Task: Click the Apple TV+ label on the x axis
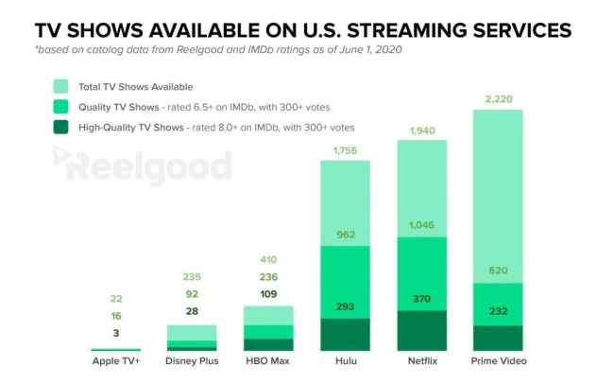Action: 116,361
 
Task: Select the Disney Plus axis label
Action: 193,361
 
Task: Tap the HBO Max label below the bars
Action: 269,361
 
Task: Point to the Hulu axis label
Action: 346,361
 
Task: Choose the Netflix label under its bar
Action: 421,361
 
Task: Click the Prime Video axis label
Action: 498,361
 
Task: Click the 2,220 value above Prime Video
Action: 498,99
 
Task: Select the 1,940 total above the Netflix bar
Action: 421,131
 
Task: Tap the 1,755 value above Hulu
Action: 346,150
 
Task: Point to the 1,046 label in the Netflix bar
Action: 421,225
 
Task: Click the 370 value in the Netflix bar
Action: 421,298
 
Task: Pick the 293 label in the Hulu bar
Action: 346,305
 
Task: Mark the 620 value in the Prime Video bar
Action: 498,271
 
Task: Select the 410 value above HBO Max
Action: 269,259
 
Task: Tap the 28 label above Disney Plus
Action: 193,311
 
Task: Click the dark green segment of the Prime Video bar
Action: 498,338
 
